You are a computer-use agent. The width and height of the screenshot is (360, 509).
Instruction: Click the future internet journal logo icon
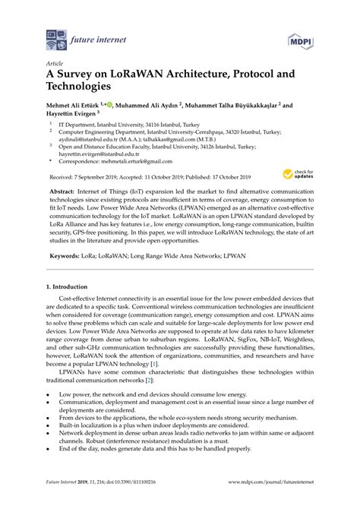pos(56,36)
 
